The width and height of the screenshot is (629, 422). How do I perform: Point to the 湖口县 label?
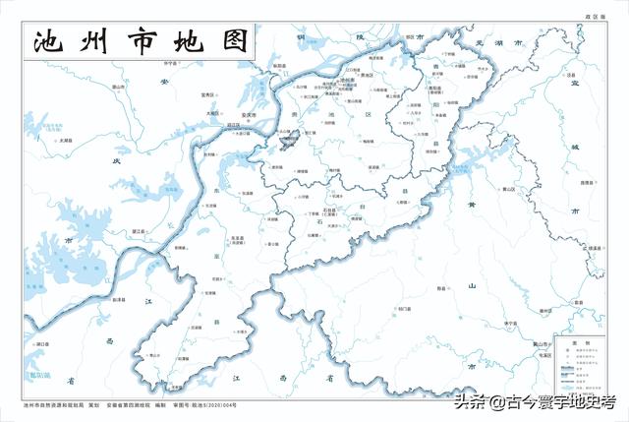click(41, 344)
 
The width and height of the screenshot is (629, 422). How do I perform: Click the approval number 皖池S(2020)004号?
click(211, 403)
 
